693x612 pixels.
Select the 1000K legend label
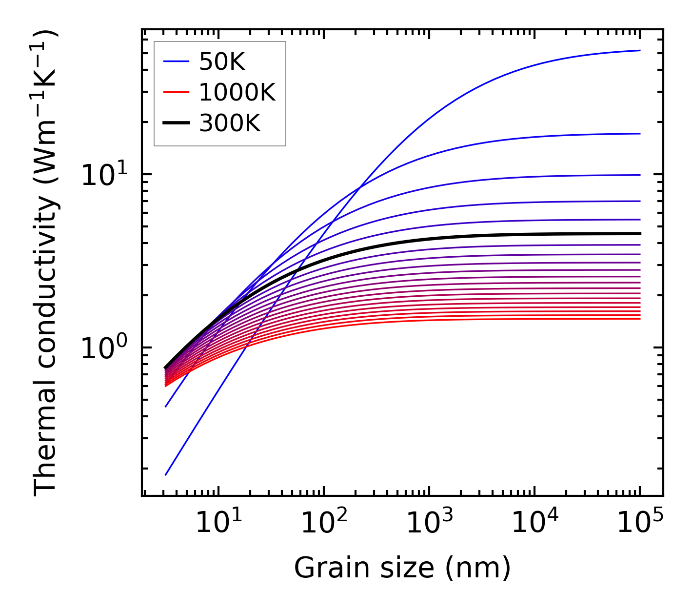coord(237,92)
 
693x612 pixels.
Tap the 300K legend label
coord(230,123)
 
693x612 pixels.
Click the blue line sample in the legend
coord(176,61)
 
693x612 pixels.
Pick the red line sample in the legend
coord(176,92)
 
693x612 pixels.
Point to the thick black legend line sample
coord(176,123)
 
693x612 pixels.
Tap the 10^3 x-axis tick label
coord(429,524)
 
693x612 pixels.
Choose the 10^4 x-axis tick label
coord(534,524)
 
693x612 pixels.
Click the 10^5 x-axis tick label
coord(639,524)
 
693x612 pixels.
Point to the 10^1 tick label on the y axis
coord(103,175)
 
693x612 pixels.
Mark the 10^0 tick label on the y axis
coord(103,348)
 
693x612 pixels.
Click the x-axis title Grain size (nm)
coord(402,569)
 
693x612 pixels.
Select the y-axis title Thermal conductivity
coord(46,264)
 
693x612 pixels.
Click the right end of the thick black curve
coord(639,234)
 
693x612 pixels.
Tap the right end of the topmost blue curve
coord(639,50)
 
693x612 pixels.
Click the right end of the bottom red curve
coord(639,319)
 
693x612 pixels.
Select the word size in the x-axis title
coord(414,569)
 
